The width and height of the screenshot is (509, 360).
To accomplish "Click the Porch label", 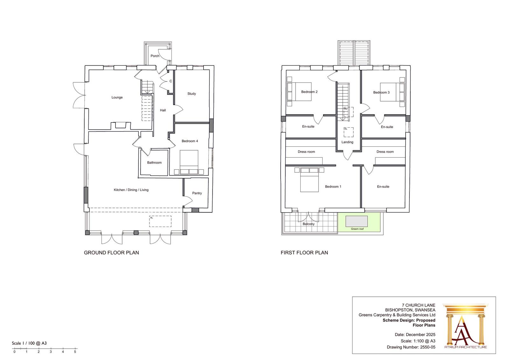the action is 155,56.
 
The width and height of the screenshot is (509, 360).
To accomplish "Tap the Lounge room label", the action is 117,97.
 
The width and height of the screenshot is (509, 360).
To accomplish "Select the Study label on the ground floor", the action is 192,94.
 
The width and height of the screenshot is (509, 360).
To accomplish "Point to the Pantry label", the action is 197,193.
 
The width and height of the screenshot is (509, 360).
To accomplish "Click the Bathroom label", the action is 154,163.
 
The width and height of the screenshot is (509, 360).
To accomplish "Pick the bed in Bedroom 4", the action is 189,162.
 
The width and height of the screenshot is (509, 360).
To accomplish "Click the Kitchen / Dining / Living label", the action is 131,190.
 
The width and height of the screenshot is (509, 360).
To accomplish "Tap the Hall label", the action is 163,110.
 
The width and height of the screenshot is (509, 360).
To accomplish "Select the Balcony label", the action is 309,224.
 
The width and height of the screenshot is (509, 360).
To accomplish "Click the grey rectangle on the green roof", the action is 357,221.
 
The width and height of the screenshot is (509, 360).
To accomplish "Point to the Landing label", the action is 347,142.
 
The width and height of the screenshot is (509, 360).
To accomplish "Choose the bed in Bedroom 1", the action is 309,180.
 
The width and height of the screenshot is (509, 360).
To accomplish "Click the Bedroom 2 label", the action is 309,92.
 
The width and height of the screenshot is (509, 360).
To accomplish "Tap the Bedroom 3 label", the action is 381,93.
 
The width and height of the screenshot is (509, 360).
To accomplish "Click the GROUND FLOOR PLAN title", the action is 111,253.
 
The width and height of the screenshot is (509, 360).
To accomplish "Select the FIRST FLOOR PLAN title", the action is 304,253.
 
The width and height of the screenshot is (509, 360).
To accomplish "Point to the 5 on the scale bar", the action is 75,352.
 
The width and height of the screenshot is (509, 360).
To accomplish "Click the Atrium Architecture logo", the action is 466,326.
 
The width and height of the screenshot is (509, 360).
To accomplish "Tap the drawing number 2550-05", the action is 428,347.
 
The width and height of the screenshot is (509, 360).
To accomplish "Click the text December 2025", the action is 421,335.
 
